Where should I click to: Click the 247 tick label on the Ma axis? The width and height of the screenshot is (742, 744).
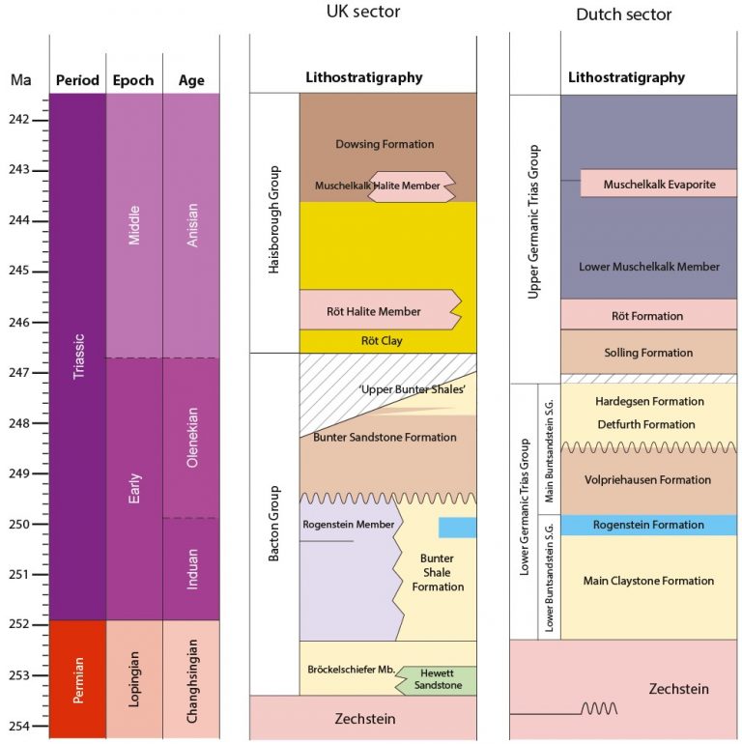(19, 372)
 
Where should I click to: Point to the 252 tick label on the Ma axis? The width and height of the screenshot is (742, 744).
(19, 624)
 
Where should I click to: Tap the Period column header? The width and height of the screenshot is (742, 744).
(77, 79)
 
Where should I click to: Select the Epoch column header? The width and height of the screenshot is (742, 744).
(133, 80)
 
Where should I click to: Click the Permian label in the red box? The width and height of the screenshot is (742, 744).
(78, 679)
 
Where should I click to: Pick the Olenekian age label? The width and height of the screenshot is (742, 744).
(192, 438)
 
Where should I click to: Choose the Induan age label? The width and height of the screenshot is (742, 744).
(192, 569)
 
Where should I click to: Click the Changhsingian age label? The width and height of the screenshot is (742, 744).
(192, 681)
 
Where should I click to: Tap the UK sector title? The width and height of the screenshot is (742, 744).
(363, 12)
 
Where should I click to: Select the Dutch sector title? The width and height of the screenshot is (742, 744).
(623, 14)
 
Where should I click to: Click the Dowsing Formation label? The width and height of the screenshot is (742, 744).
(385, 144)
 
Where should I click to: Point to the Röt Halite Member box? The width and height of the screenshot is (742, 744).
(381, 310)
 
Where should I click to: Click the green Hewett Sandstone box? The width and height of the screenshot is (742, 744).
(436, 680)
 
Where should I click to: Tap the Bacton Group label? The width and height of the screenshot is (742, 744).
(273, 524)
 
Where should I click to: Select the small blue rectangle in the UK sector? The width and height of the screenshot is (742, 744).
(457, 528)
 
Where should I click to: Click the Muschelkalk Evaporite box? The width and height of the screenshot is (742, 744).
(659, 184)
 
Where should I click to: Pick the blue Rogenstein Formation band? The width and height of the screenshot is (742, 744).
(649, 525)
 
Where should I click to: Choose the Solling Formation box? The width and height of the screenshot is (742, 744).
(649, 352)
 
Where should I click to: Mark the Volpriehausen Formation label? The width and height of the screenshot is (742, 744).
(647, 479)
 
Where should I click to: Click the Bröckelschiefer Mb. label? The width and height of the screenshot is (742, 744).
(351, 670)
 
